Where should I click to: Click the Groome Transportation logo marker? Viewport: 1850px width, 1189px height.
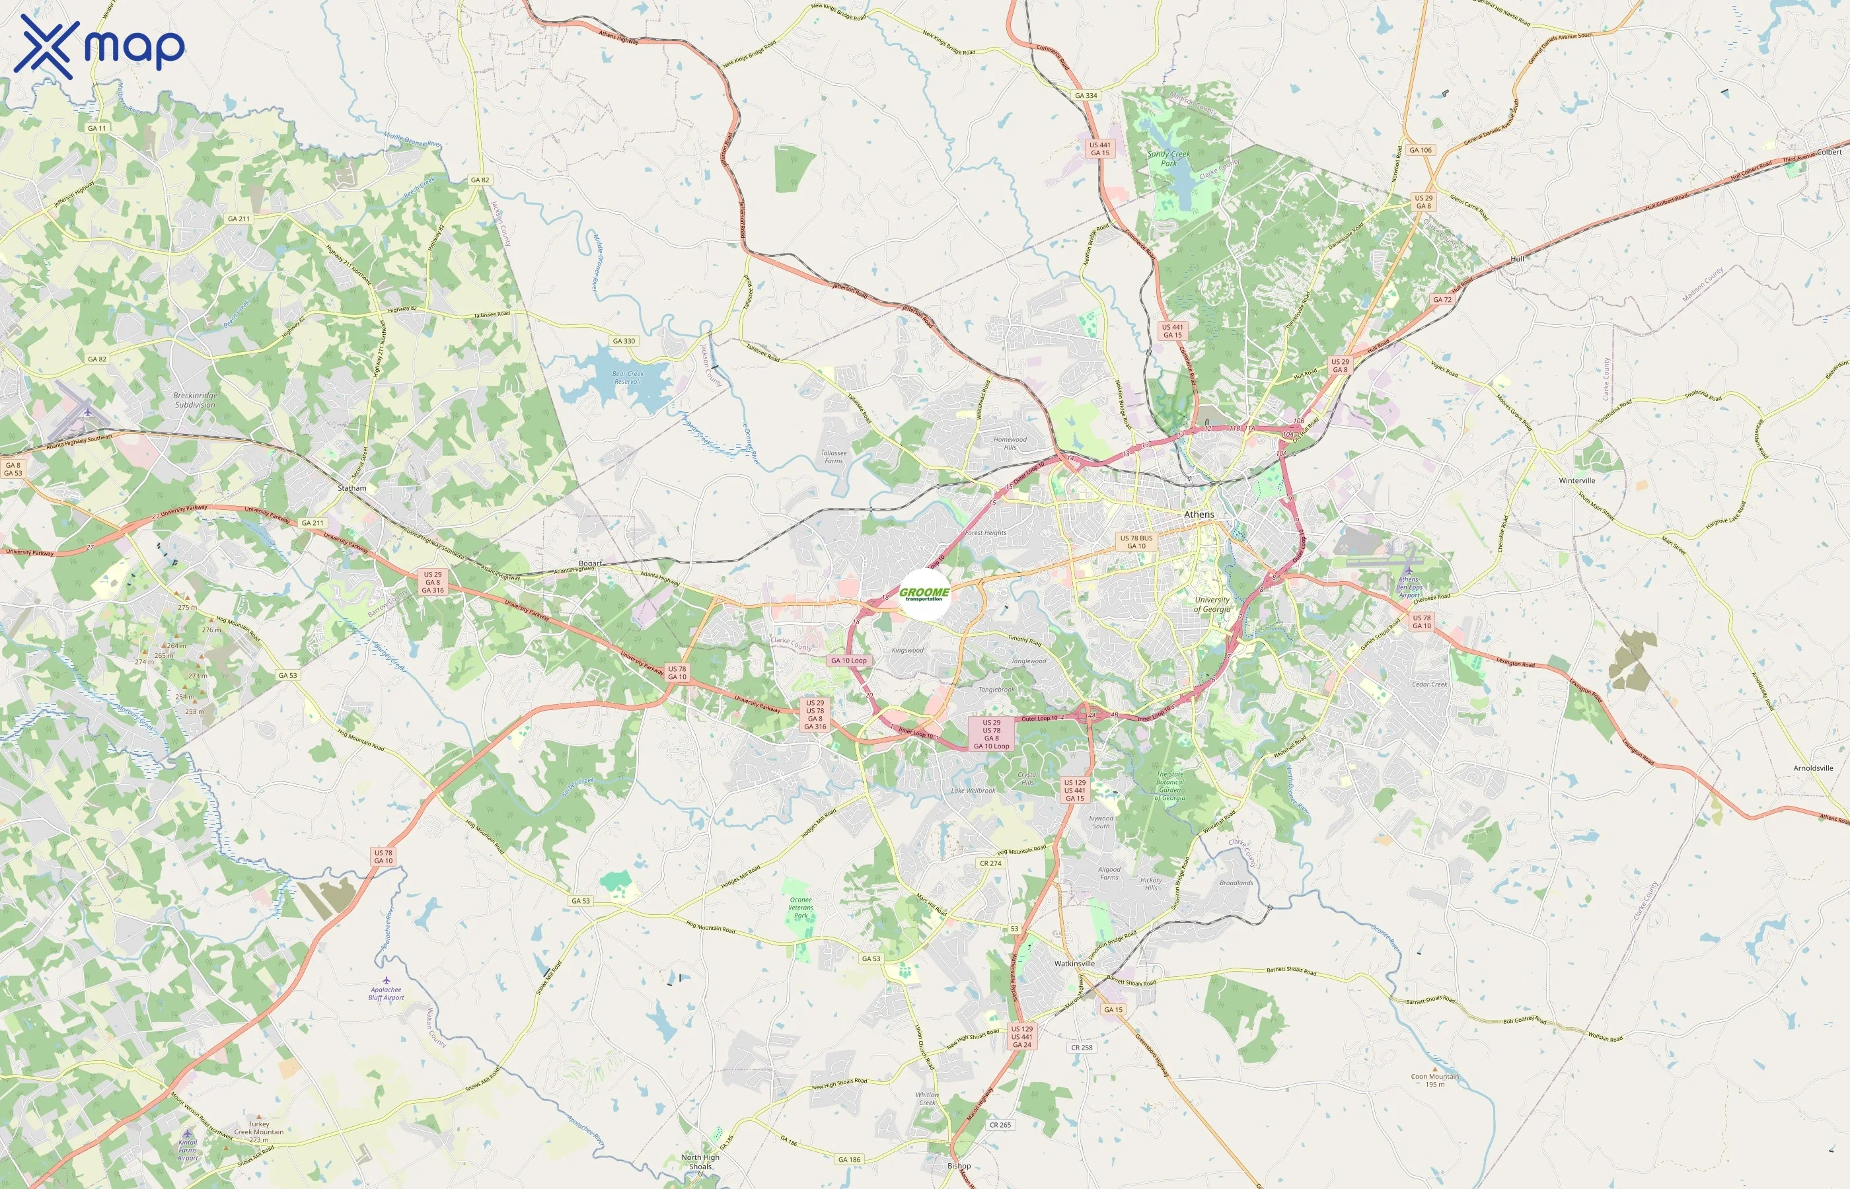(925, 594)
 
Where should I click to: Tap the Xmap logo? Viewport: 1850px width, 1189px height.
(99, 47)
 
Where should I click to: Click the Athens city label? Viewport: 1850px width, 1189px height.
(1199, 514)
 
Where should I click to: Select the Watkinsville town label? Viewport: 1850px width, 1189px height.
(1074, 964)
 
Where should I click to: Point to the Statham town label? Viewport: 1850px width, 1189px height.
(352, 488)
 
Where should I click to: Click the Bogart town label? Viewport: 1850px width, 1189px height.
(590, 563)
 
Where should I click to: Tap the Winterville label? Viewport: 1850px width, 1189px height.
(1576, 480)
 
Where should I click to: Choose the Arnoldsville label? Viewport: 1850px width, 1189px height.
(1813, 768)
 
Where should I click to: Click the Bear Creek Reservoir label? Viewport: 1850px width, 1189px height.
(628, 378)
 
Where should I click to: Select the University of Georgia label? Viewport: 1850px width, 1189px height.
(1212, 604)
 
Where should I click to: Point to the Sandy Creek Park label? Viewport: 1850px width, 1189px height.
(1168, 159)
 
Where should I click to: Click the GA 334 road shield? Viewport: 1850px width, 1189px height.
(1086, 96)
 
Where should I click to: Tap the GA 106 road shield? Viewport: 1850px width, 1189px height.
(1420, 150)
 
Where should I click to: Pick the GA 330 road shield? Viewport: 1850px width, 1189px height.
(623, 340)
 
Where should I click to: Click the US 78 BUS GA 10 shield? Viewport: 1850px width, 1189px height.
(1136, 542)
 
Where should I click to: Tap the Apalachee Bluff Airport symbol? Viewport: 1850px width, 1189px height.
(386, 980)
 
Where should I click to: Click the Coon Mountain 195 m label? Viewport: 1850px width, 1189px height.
(1434, 1080)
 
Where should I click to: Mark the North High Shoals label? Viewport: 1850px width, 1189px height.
(700, 1162)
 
